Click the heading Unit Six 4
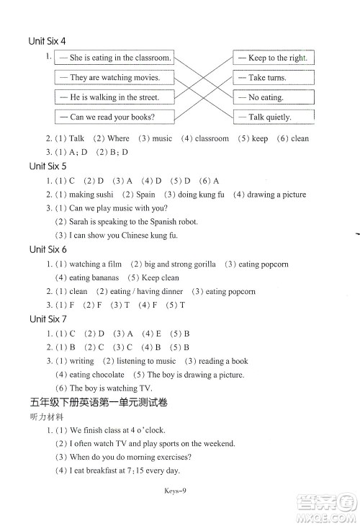(48, 41)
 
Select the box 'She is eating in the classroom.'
(114, 58)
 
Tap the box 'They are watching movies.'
(114, 77)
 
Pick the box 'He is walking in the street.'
(114, 97)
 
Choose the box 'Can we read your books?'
(114, 116)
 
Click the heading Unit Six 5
(48, 166)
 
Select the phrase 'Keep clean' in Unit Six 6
(161, 277)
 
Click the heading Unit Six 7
(48, 318)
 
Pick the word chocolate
(107, 375)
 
